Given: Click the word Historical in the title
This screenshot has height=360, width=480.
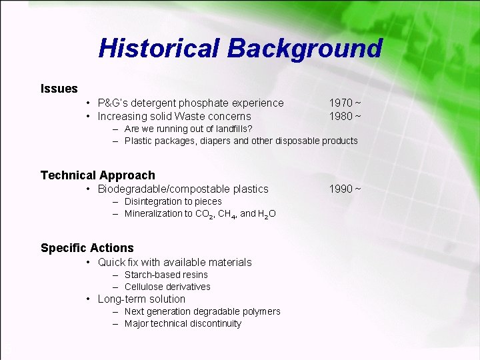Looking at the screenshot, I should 159,48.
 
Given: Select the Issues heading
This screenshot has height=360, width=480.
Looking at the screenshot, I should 59,89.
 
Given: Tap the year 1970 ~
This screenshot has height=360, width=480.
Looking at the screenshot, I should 345,103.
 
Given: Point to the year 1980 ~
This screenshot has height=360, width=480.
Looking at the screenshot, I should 345,116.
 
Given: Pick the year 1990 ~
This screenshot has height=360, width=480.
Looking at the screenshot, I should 345,189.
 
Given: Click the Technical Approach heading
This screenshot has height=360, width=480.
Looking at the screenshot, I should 97,175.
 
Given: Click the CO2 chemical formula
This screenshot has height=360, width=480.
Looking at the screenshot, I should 203,214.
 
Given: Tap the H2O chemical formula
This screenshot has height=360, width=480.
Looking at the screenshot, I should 267,214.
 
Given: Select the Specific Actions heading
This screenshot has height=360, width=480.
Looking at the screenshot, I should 87,248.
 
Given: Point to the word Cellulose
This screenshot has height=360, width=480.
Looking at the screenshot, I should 143,287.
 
